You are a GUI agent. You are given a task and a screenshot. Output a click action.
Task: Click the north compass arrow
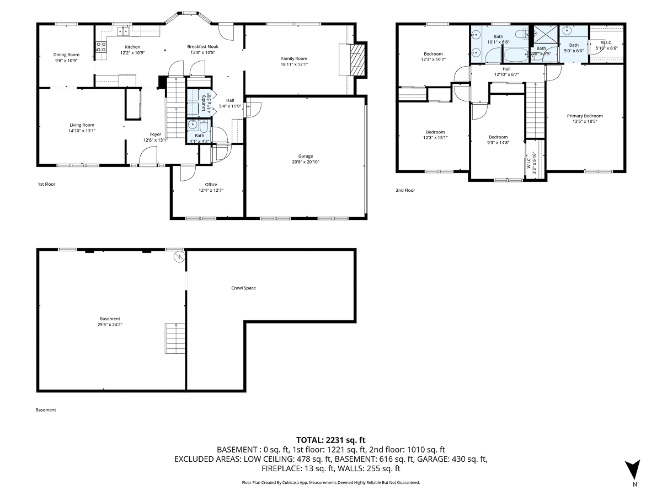click(634, 470)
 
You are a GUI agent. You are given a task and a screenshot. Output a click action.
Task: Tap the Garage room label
click(306, 156)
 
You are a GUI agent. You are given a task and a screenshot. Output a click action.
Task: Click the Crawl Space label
click(243, 288)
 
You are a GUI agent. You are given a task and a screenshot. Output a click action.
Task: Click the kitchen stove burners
click(102, 47)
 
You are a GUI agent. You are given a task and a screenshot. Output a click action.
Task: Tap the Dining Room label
click(66, 55)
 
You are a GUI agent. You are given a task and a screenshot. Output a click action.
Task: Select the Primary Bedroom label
click(585, 116)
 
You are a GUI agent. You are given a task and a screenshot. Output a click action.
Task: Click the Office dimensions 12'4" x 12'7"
click(211, 191)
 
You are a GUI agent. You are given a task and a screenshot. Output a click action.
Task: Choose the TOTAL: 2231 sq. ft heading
click(331, 440)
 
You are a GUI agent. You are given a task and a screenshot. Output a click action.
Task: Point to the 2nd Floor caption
click(405, 190)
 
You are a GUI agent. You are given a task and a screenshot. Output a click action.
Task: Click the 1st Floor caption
click(46, 184)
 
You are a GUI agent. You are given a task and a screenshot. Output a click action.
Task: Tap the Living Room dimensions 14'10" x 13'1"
click(82, 131)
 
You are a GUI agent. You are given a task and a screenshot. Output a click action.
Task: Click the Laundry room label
click(204, 103)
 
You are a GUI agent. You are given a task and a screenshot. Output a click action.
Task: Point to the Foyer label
click(156, 134)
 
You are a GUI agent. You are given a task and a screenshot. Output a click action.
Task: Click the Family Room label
click(294, 58)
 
